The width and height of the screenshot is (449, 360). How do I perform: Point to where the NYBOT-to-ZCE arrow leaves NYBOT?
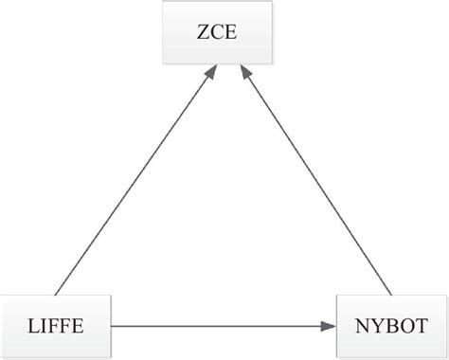(x=389, y=294)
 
